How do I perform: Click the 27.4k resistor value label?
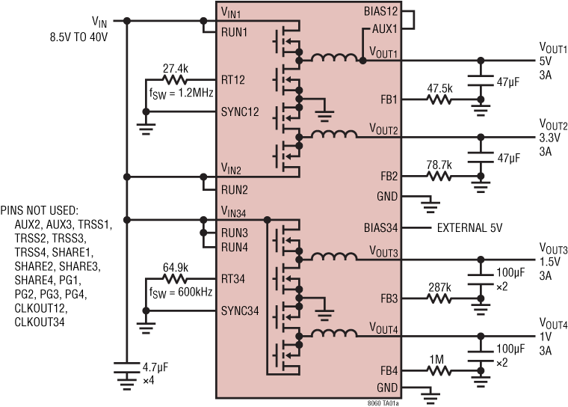[x=176, y=68]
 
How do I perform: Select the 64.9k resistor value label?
[x=176, y=267]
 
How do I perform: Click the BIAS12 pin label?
[x=380, y=12]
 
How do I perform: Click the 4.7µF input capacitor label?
[x=155, y=368]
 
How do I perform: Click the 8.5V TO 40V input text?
[x=77, y=36]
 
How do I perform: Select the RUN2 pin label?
[x=233, y=189]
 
